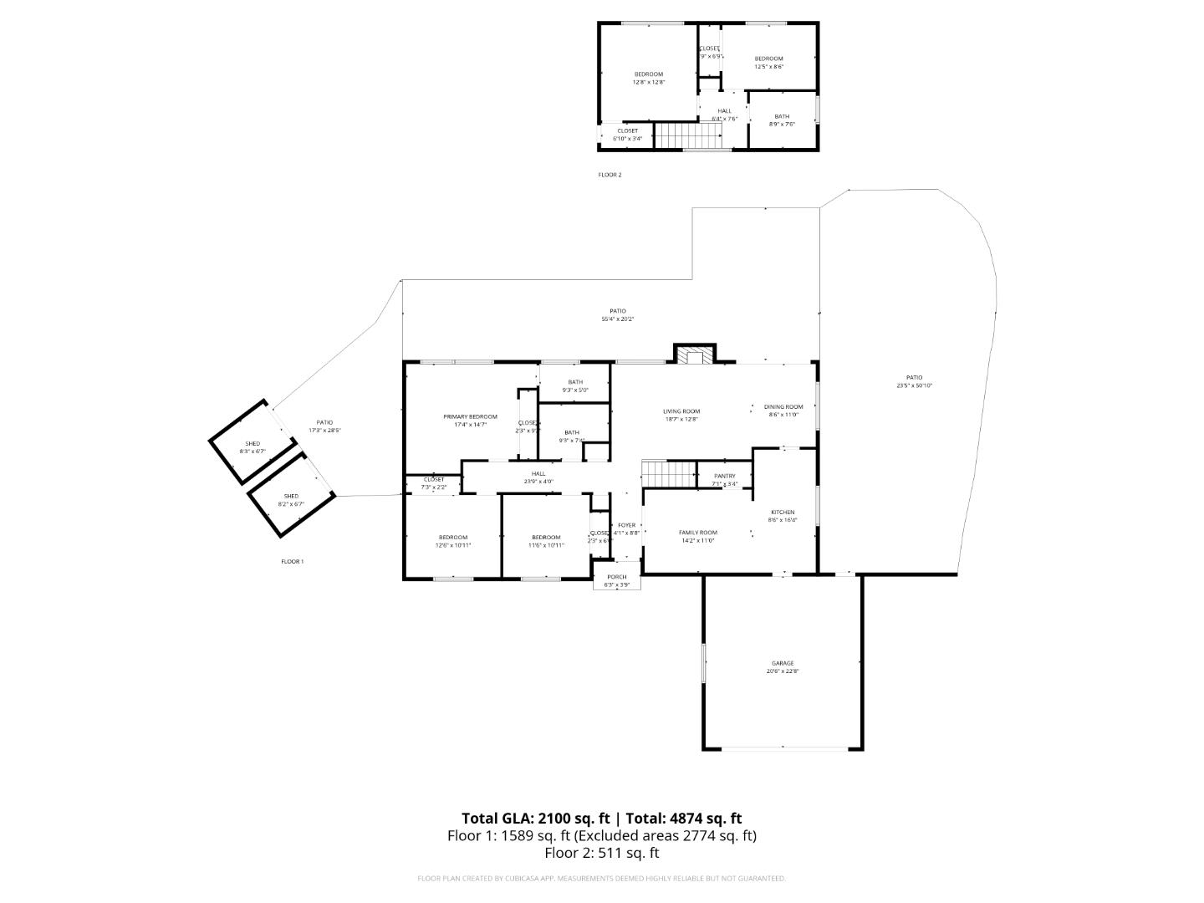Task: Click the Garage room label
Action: point(783,663)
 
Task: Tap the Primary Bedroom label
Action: point(470,416)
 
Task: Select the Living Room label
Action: point(681,411)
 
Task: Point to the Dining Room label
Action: point(783,407)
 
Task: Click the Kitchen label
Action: point(783,513)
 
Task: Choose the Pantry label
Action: point(724,476)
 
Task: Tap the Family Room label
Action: point(697,533)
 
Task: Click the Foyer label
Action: point(626,525)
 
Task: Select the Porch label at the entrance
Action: point(617,577)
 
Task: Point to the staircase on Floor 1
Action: point(669,474)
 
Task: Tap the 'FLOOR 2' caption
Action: point(610,175)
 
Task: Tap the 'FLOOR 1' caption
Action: point(292,561)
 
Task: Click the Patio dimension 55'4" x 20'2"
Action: point(618,319)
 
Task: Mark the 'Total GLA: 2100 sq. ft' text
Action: point(535,819)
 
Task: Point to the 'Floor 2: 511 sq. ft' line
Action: point(601,853)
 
